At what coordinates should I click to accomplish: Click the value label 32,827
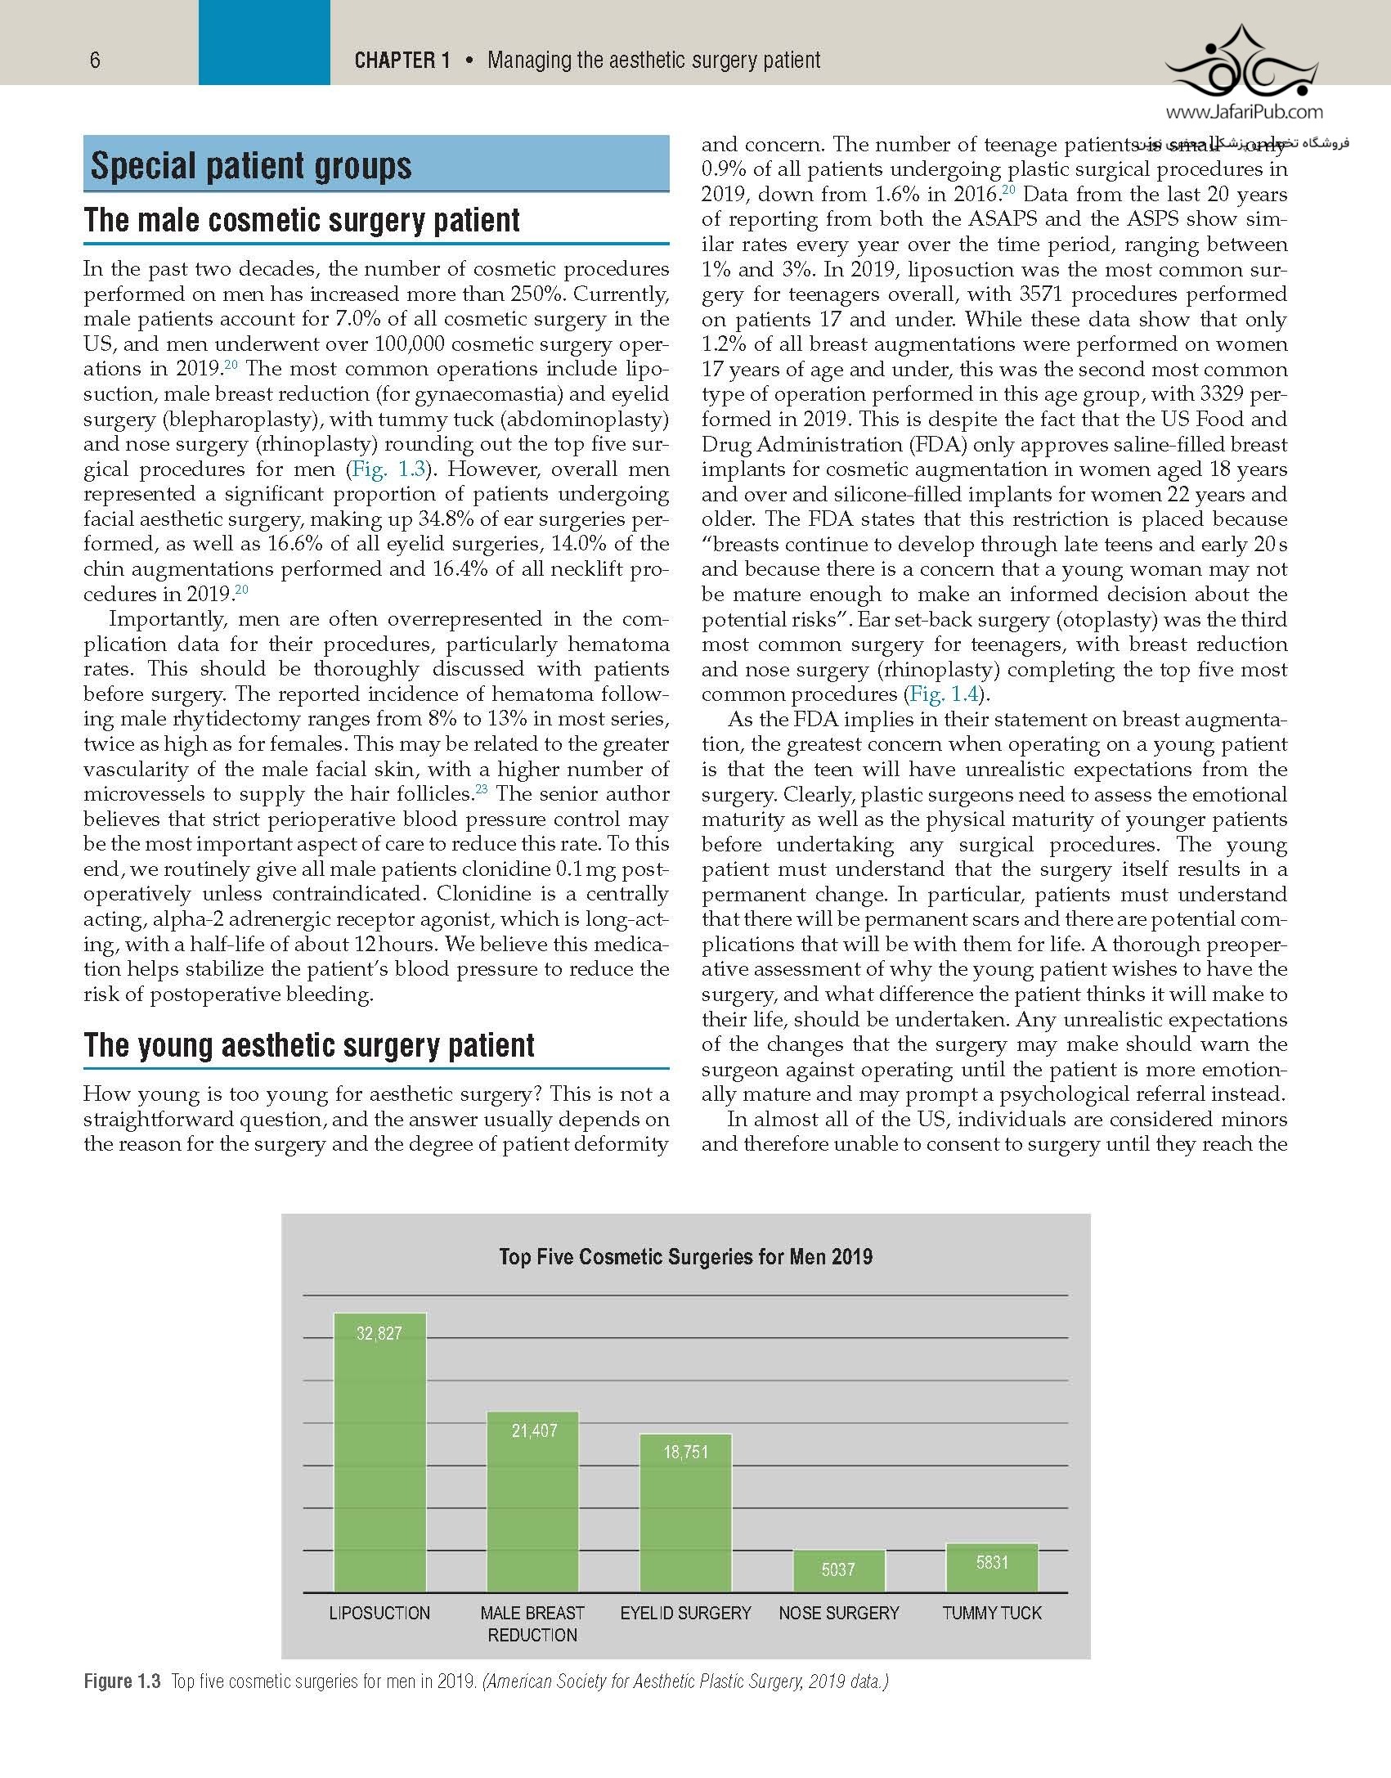(379, 1333)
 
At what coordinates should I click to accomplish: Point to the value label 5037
(838, 1569)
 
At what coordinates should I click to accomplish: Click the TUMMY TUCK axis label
(992, 1613)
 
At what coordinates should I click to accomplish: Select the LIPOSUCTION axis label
(379, 1613)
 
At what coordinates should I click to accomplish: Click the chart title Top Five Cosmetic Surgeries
(685, 1257)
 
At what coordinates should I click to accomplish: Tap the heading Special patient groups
(251, 166)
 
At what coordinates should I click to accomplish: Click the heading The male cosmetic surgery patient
(302, 220)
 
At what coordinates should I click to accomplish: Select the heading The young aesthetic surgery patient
(309, 1045)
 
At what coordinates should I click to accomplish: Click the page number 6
(95, 60)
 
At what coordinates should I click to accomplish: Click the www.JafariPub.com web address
(1244, 113)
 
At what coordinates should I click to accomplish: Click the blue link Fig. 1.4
(944, 694)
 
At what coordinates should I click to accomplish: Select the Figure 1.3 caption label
(122, 1681)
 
